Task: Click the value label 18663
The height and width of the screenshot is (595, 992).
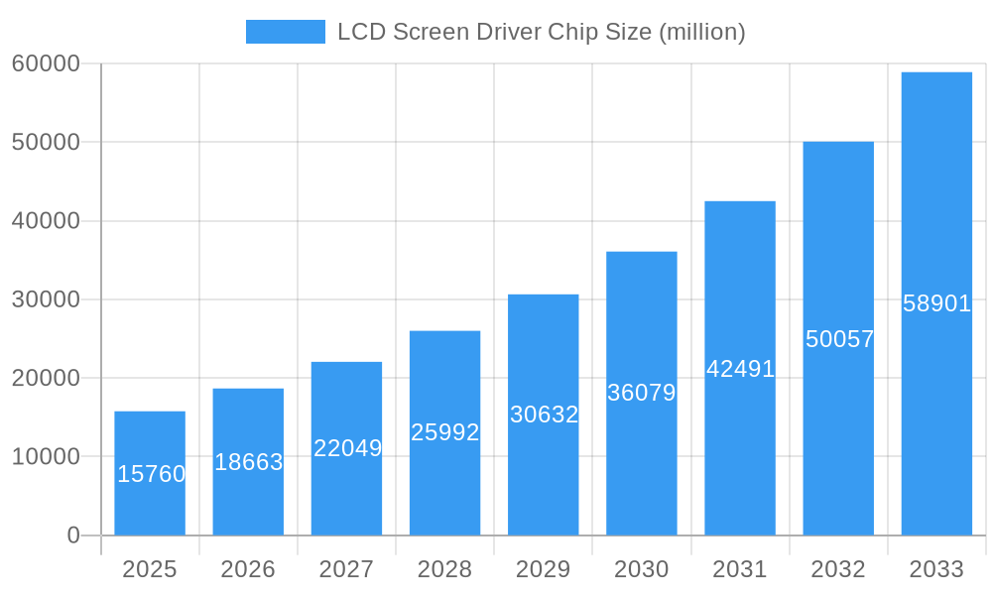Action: pos(249,462)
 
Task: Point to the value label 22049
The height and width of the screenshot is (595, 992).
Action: pos(347,448)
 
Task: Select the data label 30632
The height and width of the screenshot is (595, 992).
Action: pos(544,415)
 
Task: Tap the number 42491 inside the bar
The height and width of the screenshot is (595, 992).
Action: pos(740,369)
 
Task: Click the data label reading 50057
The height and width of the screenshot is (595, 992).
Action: pos(839,339)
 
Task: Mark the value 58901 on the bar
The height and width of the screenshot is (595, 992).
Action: pos(936,303)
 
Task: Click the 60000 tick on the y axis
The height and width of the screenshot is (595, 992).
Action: pos(46,63)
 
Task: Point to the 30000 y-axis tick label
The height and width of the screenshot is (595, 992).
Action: pos(46,299)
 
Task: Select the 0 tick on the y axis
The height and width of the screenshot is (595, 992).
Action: pos(73,535)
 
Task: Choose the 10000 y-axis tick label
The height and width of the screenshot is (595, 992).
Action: pos(46,457)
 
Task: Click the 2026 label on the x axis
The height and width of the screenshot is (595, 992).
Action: pos(248,569)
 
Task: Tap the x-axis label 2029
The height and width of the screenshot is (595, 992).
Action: pos(544,569)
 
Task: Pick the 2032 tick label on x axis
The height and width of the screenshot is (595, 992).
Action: pos(838,569)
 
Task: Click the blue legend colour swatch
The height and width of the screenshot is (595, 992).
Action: pos(286,32)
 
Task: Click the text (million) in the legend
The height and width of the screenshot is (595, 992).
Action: pos(702,32)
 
